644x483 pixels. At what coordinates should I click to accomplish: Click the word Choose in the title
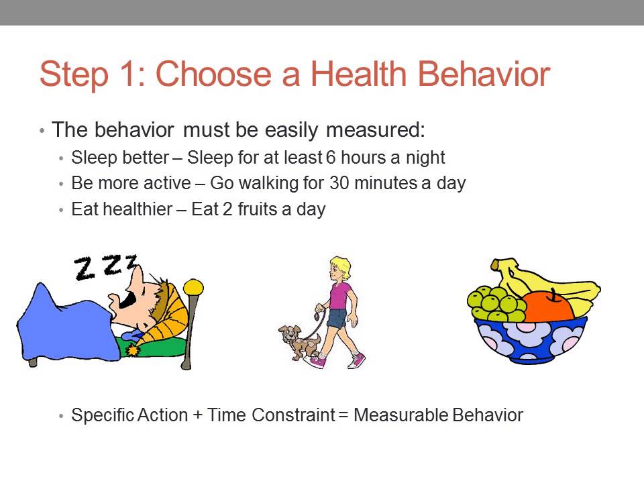219,74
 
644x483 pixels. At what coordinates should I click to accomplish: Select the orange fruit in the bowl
549,306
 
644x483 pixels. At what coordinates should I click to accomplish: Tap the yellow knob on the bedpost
193,287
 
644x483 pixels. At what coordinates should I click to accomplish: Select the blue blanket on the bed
64,322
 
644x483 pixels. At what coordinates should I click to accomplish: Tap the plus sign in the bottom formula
197,415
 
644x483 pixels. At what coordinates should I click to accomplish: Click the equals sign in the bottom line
343,415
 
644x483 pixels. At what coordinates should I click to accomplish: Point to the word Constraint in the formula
292,415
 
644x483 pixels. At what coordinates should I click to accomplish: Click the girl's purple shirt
340,295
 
